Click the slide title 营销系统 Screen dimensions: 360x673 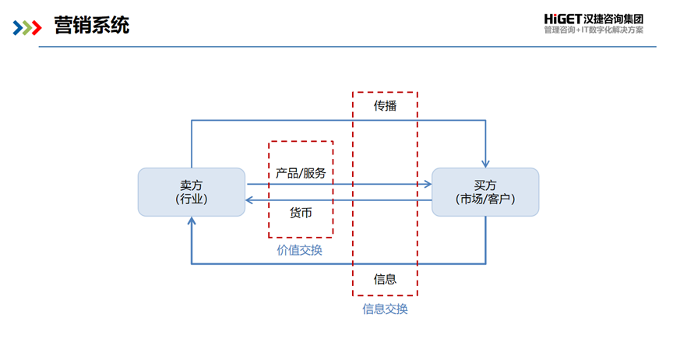(92, 26)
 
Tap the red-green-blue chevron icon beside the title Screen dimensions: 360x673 (26, 28)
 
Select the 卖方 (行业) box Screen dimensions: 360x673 (192, 192)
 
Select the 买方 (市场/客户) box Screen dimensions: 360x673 (484, 192)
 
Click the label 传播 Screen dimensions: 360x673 (385, 106)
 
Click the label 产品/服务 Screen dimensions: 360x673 (301, 172)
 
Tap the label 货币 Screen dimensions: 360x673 (301, 212)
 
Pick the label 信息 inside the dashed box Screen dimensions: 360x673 (385, 279)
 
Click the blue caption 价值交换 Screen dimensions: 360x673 (300, 250)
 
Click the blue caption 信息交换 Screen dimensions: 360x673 (385, 309)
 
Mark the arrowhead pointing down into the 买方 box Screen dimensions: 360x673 (486, 163)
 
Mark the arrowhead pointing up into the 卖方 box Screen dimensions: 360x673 (192, 221)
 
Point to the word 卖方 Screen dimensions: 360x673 (192, 185)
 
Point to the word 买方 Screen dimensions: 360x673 (484, 185)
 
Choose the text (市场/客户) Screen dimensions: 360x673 (484, 199)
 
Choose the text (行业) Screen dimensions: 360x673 (192, 199)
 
